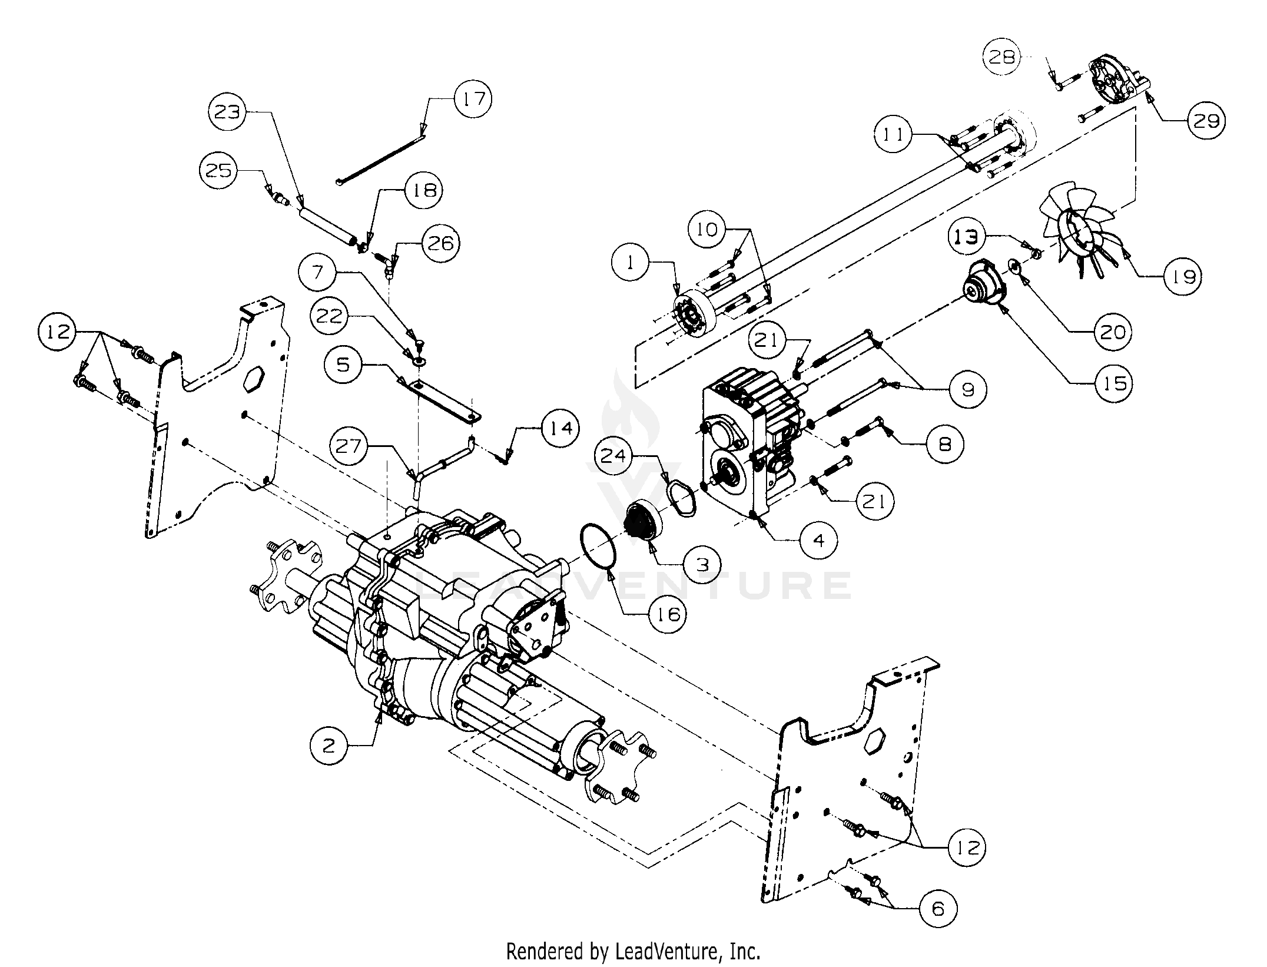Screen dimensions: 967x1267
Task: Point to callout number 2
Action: pos(329,746)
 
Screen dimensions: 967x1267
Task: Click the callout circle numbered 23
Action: pos(228,111)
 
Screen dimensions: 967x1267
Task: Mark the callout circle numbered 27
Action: pos(348,446)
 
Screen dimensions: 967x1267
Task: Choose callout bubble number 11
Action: pos(893,135)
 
